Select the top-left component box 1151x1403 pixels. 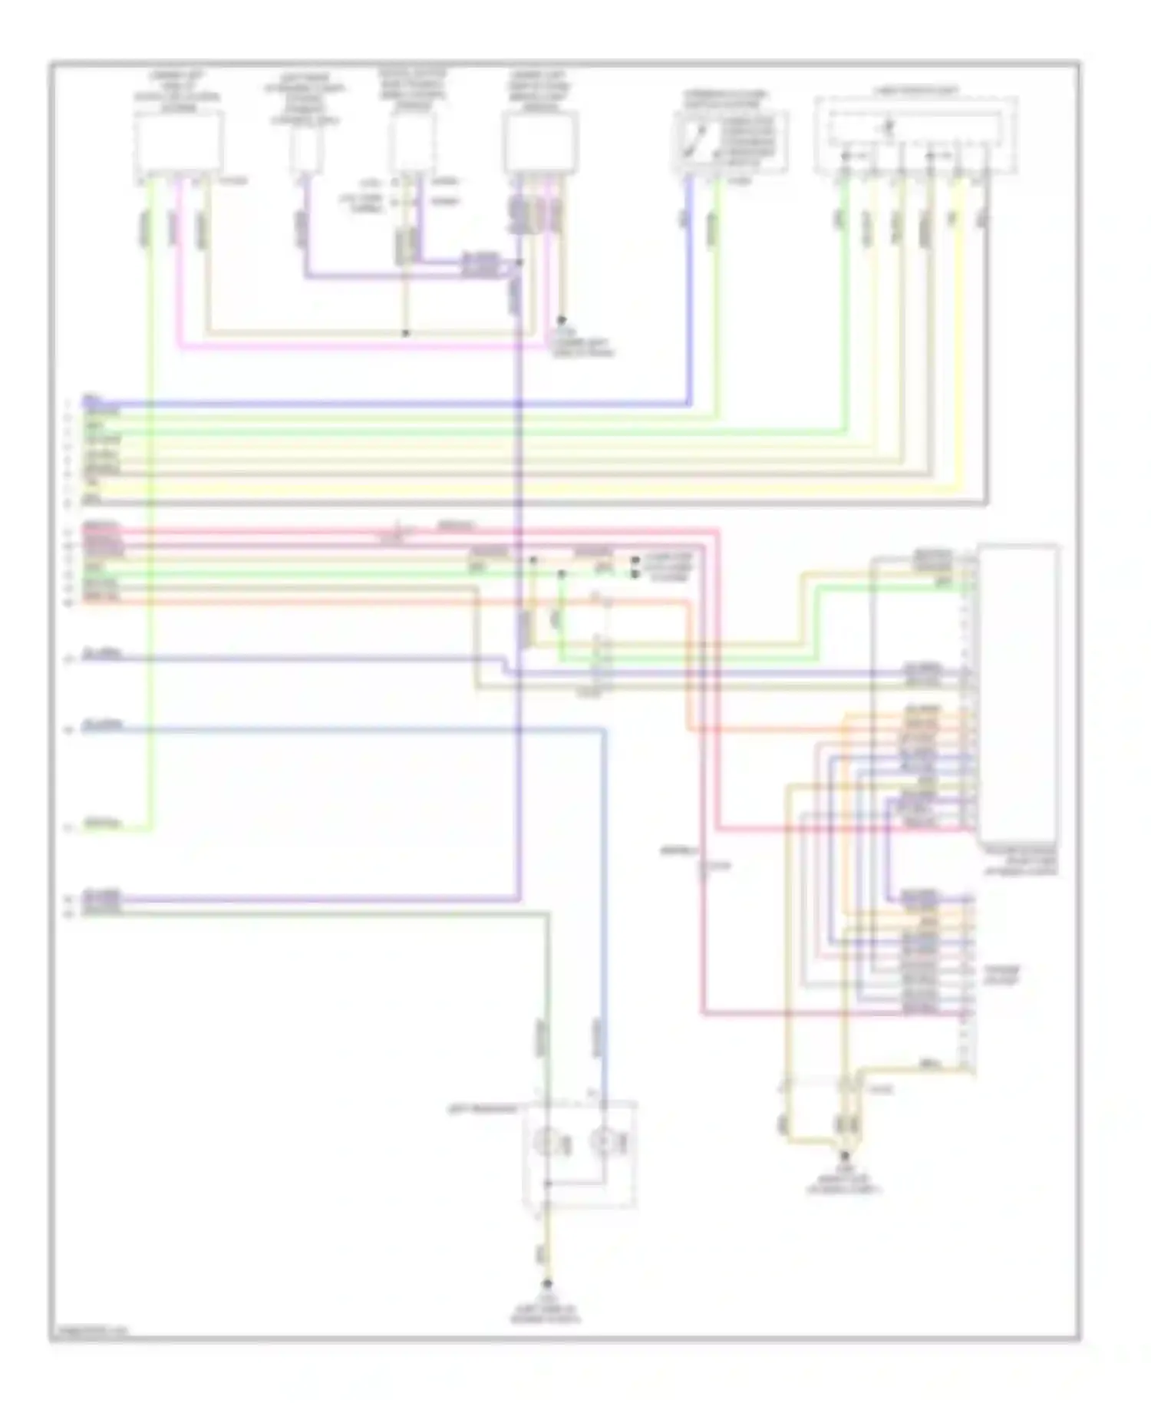(180, 142)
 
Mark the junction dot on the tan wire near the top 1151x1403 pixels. (406, 333)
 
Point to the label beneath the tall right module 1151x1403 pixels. (1019, 861)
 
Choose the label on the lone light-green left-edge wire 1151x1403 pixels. (103, 825)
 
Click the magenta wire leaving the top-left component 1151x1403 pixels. (178, 261)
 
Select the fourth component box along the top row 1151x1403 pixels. (540, 143)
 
